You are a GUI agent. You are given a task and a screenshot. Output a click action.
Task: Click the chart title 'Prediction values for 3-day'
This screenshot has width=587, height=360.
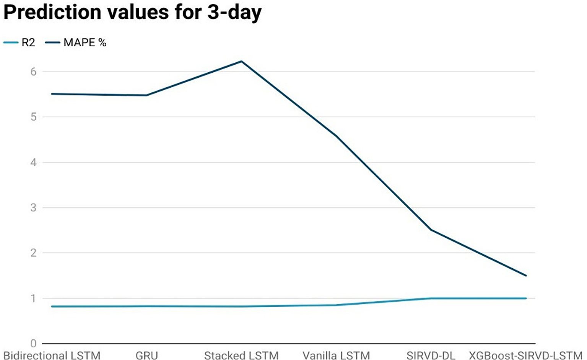click(132, 12)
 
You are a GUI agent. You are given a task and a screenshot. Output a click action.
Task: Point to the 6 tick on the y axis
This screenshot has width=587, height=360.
click(34, 72)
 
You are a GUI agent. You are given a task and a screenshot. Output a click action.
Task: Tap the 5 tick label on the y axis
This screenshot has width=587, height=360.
click(34, 117)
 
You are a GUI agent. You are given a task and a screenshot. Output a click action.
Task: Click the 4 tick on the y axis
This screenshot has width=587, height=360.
click(34, 162)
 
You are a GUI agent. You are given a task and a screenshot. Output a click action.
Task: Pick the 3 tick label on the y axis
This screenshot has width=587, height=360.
click(34, 208)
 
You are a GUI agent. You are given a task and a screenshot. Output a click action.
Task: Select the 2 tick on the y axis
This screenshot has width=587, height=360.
click(34, 253)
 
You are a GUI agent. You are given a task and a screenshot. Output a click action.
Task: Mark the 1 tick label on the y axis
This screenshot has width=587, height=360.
click(34, 298)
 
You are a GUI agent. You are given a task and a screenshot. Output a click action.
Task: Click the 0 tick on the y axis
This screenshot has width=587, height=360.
click(34, 343)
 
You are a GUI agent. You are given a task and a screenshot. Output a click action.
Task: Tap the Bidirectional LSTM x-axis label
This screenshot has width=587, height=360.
click(52, 355)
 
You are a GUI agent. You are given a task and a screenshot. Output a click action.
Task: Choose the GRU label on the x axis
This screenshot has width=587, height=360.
click(146, 355)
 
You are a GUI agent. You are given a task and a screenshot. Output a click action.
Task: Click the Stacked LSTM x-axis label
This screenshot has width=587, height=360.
click(241, 355)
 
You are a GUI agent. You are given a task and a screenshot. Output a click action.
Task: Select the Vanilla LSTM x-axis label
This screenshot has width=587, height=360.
click(336, 355)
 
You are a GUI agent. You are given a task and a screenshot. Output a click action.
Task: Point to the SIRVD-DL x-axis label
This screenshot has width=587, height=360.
click(431, 355)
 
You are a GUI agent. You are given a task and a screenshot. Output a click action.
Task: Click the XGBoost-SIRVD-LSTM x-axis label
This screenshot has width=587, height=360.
click(525, 355)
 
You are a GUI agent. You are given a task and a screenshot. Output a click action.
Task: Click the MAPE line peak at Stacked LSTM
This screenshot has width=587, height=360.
click(242, 61)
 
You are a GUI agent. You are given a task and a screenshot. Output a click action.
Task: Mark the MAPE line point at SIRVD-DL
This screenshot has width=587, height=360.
click(431, 230)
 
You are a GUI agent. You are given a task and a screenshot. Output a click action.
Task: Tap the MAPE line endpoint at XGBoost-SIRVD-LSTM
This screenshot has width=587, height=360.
click(526, 276)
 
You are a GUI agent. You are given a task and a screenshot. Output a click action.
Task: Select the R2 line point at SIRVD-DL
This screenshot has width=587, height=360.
click(431, 298)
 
